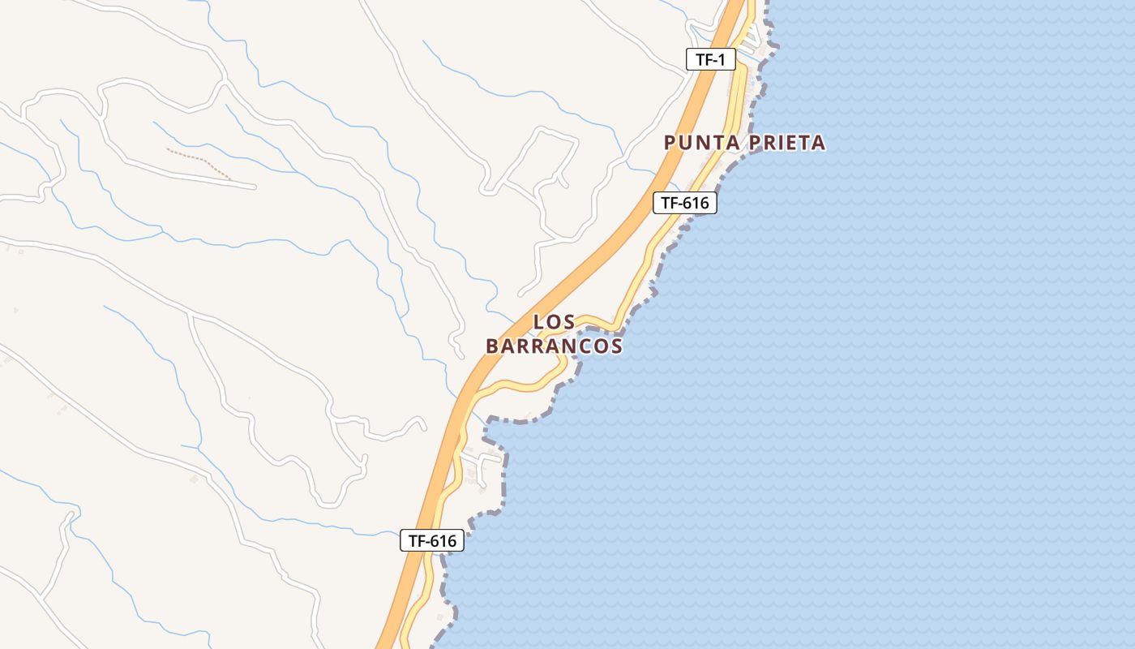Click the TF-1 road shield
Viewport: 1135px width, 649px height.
(x=710, y=59)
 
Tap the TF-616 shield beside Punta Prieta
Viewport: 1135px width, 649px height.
(x=685, y=203)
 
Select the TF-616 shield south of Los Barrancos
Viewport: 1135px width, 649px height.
(x=431, y=541)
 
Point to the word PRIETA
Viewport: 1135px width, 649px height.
(x=788, y=144)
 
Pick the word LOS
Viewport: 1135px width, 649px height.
(x=555, y=323)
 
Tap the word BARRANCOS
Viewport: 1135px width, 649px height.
(x=555, y=346)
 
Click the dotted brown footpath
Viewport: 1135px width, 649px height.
(x=199, y=163)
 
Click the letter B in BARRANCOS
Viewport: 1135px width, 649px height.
(x=492, y=346)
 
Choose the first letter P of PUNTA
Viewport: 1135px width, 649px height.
(x=670, y=144)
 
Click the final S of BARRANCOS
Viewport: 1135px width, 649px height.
(x=617, y=346)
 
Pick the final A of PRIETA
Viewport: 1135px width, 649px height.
(x=819, y=144)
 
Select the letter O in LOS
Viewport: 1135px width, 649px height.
(x=555, y=323)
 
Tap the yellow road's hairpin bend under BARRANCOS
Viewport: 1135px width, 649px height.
(x=564, y=369)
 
